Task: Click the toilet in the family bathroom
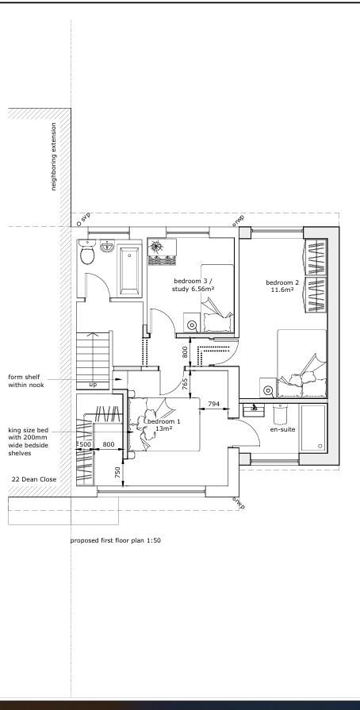(x=87, y=251)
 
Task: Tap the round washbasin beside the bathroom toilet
(x=107, y=247)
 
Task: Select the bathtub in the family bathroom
(x=129, y=270)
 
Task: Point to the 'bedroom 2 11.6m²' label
(x=282, y=286)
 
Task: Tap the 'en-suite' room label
(x=282, y=429)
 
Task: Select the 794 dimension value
(x=214, y=403)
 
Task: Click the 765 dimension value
(x=185, y=385)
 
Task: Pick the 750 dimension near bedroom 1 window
(x=117, y=473)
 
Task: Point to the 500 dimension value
(x=85, y=444)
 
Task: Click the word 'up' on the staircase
(x=93, y=385)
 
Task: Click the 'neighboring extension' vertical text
(x=53, y=156)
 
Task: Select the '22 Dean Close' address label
(x=34, y=479)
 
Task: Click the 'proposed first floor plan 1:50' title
(x=116, y=540)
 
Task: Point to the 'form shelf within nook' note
(x=26, y=381)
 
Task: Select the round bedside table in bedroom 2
(x=268, y=390)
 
